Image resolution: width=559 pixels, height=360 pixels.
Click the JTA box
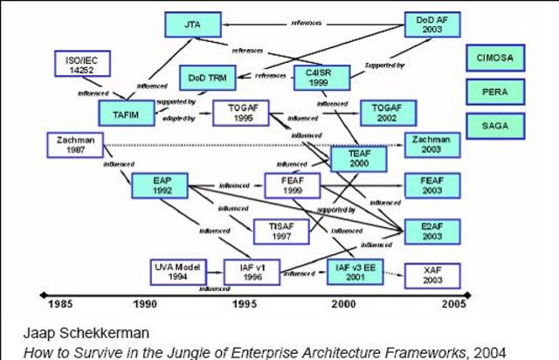pyautogui.click(x=190, y=24)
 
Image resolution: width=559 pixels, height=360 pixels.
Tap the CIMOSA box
pyautogui.click(x=495, y=58)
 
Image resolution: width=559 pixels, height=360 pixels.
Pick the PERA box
pyautogui.click(x=495, y=91)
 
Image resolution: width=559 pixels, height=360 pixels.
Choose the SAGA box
pyautogui.click(x=495, y=125)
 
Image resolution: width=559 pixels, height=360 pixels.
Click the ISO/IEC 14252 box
pyautogui.click(x=80, y=65)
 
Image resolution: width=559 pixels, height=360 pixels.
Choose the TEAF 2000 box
pyautogui.click(x=358, y=158)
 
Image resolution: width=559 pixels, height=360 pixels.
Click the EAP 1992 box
pyautogui.click(x=159, y=185)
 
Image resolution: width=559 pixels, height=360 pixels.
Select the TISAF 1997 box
pyautogui.click(x=281, y=231)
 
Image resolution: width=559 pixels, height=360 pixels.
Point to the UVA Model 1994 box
pyautogui.click(x=178, y=272)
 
